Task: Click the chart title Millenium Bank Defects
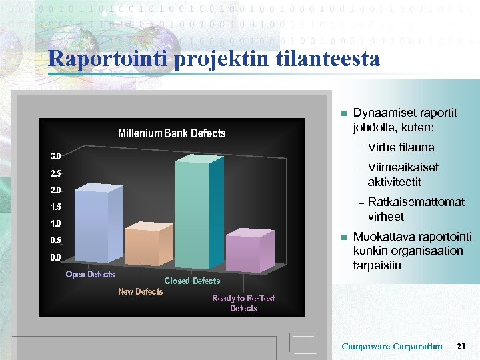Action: (171, 133)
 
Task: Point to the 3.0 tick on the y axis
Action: (57, 156)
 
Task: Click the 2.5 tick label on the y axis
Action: (57, 173)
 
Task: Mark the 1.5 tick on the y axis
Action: (57, 207)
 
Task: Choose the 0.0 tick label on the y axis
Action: (57, 257)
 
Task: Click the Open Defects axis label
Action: (90, 275)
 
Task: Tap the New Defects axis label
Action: (140, 291)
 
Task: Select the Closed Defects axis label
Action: (192, 281)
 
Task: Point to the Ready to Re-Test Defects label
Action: (243, 303)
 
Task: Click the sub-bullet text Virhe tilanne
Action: (401, 147)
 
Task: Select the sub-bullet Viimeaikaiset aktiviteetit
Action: (403, 175)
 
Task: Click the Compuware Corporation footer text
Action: (391, 346)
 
